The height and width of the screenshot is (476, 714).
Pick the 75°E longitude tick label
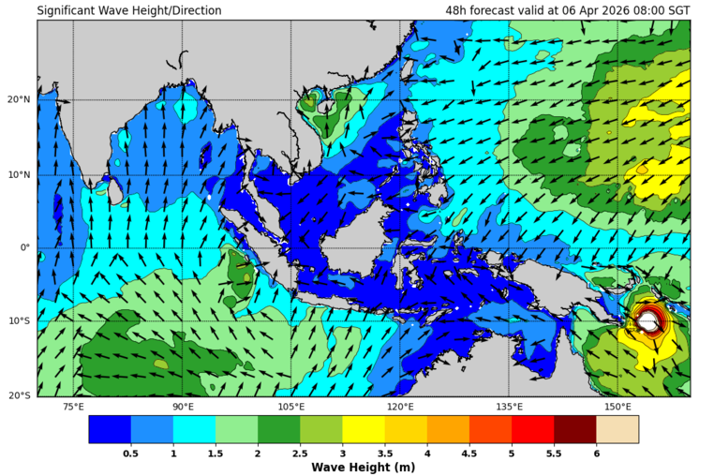click(x=73, y=407)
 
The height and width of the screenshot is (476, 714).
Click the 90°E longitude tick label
click(x=183, y=407)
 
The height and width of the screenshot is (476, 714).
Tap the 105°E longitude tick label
click(x=291, y=407)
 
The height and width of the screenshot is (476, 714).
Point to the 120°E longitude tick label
click(x=400, y=407)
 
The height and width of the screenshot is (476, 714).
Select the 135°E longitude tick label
click(x=509, y=407)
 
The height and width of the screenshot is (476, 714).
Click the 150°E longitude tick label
click(x=617, y=407)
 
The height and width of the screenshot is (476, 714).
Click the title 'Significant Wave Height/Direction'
click(x=129, y=11)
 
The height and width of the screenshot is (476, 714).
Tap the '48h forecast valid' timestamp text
click(x=568, y=11)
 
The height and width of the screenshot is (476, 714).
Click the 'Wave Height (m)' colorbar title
click(x=364, y=468)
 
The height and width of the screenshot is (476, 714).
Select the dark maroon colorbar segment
click(x=574, y=429)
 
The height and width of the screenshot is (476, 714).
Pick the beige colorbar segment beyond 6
click(x=617, y=429)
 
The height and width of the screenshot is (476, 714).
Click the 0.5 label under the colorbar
click(x=131, y=454)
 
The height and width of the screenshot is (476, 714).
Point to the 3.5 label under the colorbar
click(x=385, y=454)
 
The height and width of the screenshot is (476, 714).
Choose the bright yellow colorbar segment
click(x=364, y=429)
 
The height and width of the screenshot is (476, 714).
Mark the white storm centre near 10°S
click(x=649, y=321)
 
